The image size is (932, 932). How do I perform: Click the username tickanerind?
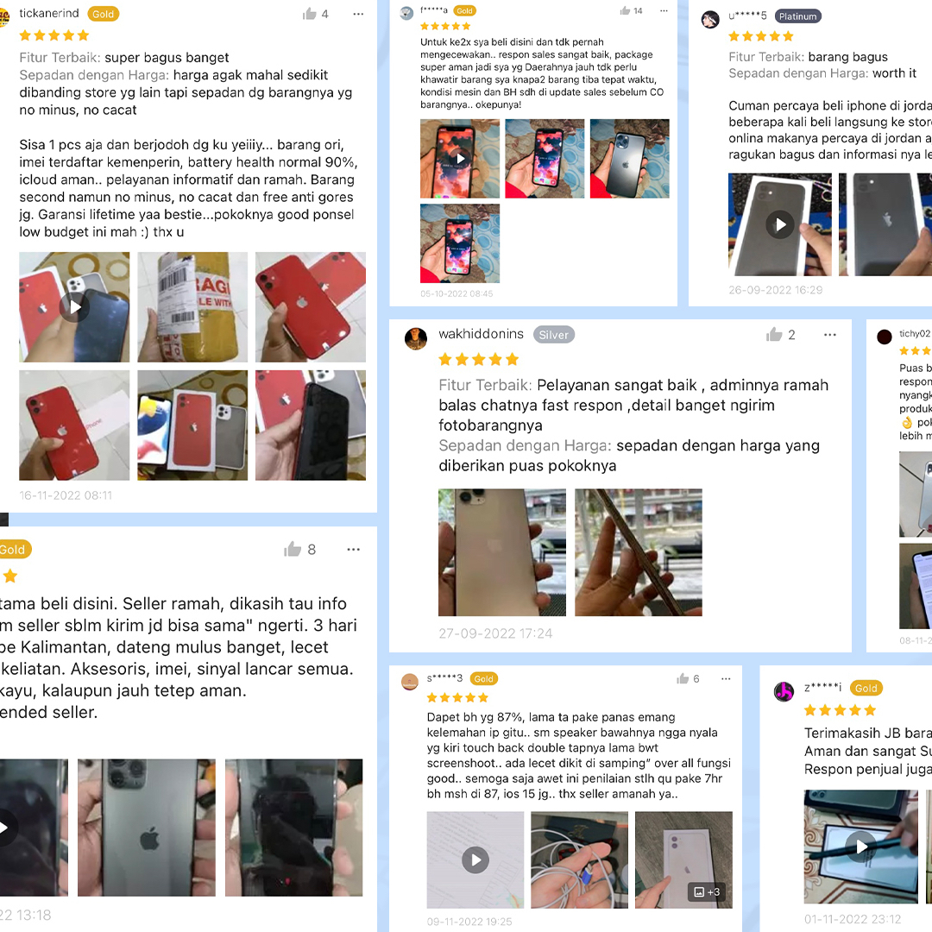49,14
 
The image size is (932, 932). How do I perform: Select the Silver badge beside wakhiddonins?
553,335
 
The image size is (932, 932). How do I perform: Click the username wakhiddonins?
481,334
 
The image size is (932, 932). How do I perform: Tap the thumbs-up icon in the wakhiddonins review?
774,335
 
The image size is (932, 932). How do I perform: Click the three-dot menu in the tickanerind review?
358,14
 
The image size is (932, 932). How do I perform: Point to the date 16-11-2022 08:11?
66,495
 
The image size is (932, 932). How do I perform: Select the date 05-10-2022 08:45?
457,293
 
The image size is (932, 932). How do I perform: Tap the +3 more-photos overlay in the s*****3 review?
707,891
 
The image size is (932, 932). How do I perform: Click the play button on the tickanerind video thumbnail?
75,306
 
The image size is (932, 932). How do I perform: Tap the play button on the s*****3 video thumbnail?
475,859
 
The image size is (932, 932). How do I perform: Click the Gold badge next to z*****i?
866,688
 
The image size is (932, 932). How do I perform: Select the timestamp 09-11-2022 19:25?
469,922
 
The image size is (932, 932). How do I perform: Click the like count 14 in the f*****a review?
638,11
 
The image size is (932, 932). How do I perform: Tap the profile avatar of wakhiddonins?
416,337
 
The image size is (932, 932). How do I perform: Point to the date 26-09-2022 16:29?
775,290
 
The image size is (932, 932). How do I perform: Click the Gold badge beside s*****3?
483,679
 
